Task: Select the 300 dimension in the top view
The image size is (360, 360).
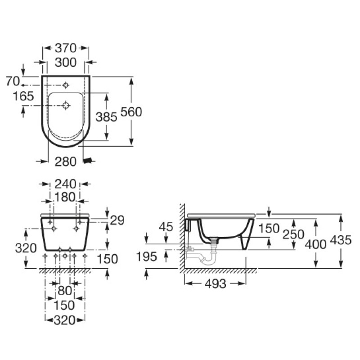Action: pyautogui.click(x=66, y=63)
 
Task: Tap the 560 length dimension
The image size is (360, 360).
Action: pyautogui.click(x=131, y=112)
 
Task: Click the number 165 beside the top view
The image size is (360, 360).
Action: pyautogui.click(x=23, y=96)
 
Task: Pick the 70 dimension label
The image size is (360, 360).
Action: pyautogui.click(x=12, y=81)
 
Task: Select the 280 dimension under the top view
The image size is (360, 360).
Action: pyautogui.click(x=66, y=161)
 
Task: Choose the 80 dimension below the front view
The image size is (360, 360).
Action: pyautogui.click(x=64, y=291)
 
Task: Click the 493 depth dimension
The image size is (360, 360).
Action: pyautogui.click(x=215, y=283)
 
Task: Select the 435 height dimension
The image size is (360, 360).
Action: pyautogui.click(x=340, y=240)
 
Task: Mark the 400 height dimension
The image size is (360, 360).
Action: pyautogui.click(x=315, y=244)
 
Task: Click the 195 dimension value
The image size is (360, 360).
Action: pyautogui.click(x=147, y=257)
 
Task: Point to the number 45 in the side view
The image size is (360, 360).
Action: pyautogui.click(x=166, y=227)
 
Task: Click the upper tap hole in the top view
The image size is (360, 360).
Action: pyautogui.click(x=66, y=85)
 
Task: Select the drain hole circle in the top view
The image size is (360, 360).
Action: pyautogui.click(x=66, y=106)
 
